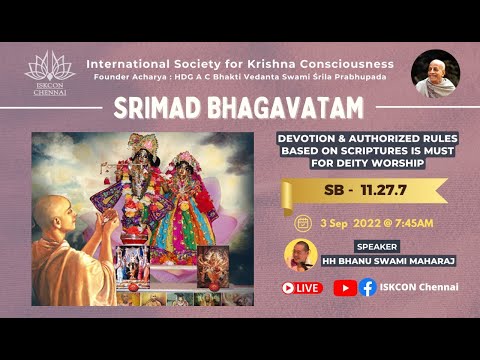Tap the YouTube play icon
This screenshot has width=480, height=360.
(344, 287)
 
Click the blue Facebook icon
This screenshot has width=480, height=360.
(368, 287)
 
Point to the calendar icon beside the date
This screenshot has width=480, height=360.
(303, 222)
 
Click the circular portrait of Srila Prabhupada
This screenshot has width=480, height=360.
(435, 73)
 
